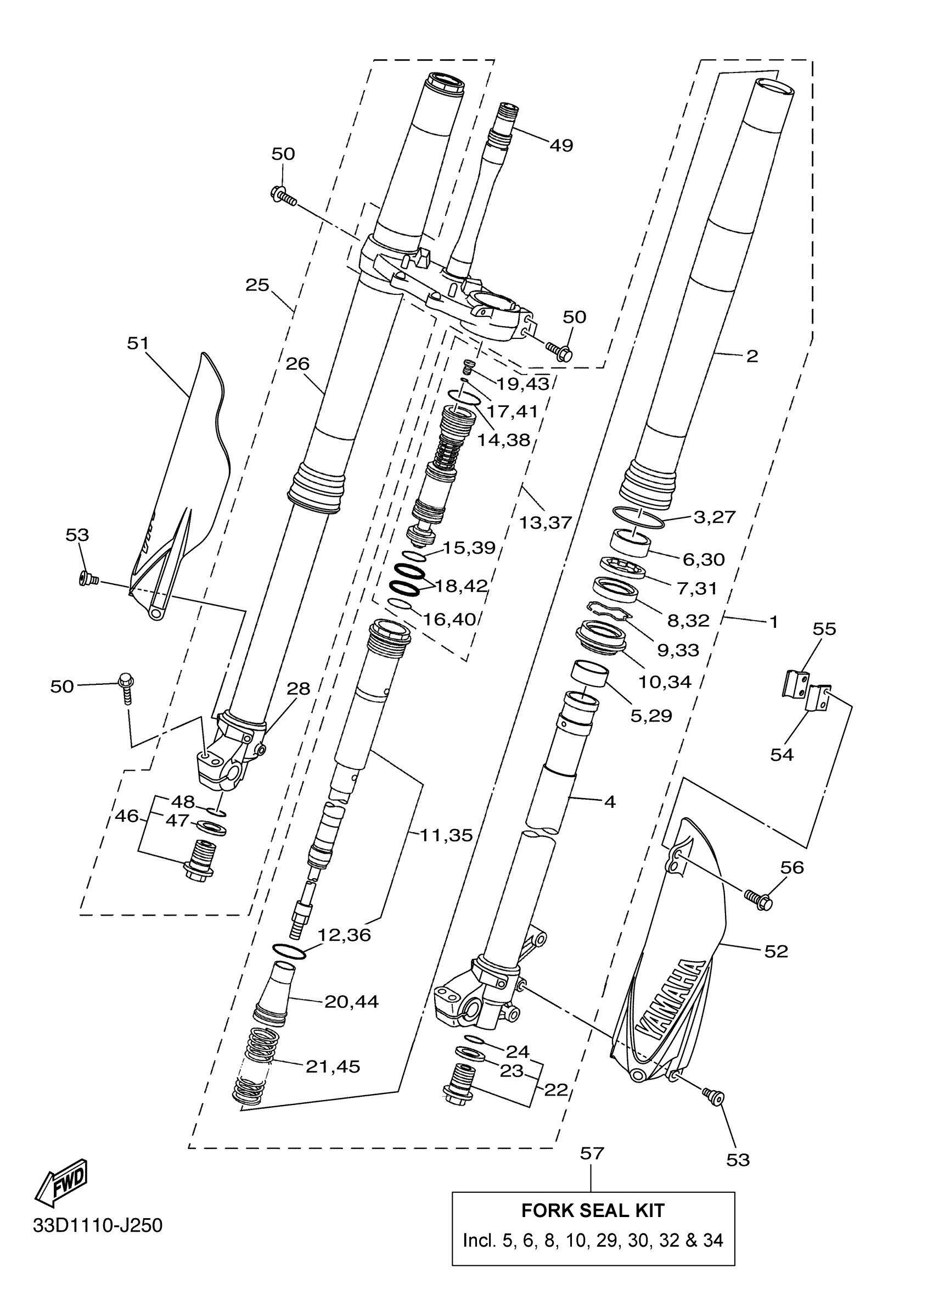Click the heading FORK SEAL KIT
tap(592, 1210)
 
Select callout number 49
tap(561, 146)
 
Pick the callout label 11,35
tap(446, 835)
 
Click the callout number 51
tap(137, 343)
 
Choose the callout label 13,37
tap(545, 522)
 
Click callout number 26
tap(297, 364)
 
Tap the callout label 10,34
tap(665, 682)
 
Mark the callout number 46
tap(126, 816)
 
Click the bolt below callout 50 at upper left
tap(284, 195)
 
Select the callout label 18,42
tap(461, 586)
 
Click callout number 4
tap(609, 802)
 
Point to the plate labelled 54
tap(818, 698)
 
